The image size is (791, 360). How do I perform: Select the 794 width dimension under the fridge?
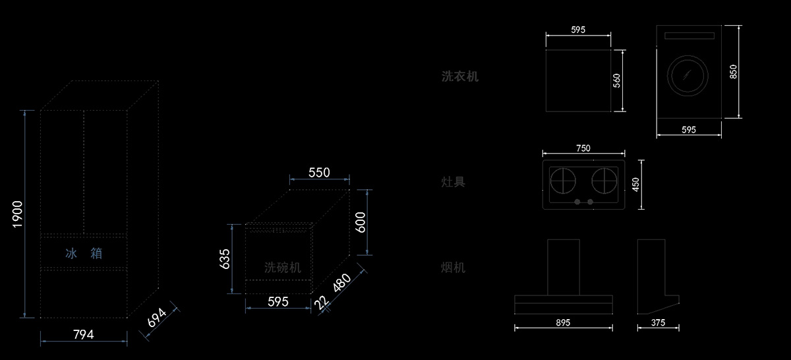point(83,334)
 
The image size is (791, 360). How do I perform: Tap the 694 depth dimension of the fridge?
point(157,319)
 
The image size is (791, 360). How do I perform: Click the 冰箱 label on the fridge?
point(84,253)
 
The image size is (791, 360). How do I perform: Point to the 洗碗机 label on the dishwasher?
point(283,267)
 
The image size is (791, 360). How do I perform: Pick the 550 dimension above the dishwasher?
point(319,173)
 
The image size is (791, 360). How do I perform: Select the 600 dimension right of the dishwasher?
point(360,222)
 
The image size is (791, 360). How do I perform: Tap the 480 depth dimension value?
point(342,284)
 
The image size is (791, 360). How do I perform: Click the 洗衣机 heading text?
point(460,76)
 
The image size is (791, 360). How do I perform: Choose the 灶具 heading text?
point(454,181)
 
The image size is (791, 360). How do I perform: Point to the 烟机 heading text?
point(454,267)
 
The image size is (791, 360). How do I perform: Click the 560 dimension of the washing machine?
point(617,81)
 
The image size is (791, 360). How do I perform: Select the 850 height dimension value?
point(733,72)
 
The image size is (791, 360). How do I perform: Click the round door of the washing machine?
point(688,75)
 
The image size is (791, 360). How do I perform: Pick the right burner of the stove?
point(604,179)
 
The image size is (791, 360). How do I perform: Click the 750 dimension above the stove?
point(583,148)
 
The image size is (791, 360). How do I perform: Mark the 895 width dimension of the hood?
point(563,322)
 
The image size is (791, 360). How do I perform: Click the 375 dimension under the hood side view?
point(657,322)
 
